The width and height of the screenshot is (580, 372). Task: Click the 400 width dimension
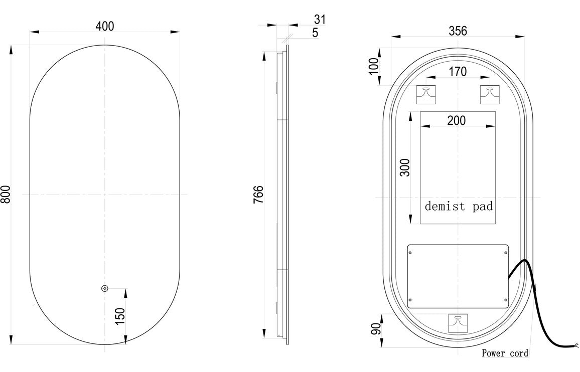[104, 26]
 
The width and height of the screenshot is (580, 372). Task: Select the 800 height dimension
[6, 194]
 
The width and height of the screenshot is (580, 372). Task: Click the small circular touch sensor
[104, 288]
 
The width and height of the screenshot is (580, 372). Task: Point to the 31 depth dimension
[320, 20]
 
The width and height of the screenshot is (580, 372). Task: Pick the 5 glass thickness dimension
[315, 33]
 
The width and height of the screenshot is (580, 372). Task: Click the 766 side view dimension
[258, 194]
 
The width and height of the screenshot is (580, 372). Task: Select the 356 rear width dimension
[458, 31]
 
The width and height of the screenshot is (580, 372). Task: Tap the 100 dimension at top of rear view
[373, 66]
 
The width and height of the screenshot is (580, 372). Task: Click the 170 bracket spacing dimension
[457, 72]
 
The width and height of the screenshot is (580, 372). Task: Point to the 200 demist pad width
[456, 120]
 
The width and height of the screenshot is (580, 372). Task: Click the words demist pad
[459, 206]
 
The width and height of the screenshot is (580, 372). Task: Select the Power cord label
[505, 353]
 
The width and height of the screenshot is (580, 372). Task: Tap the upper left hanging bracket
[428, 94]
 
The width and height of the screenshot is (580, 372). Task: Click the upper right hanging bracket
[489, 94]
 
